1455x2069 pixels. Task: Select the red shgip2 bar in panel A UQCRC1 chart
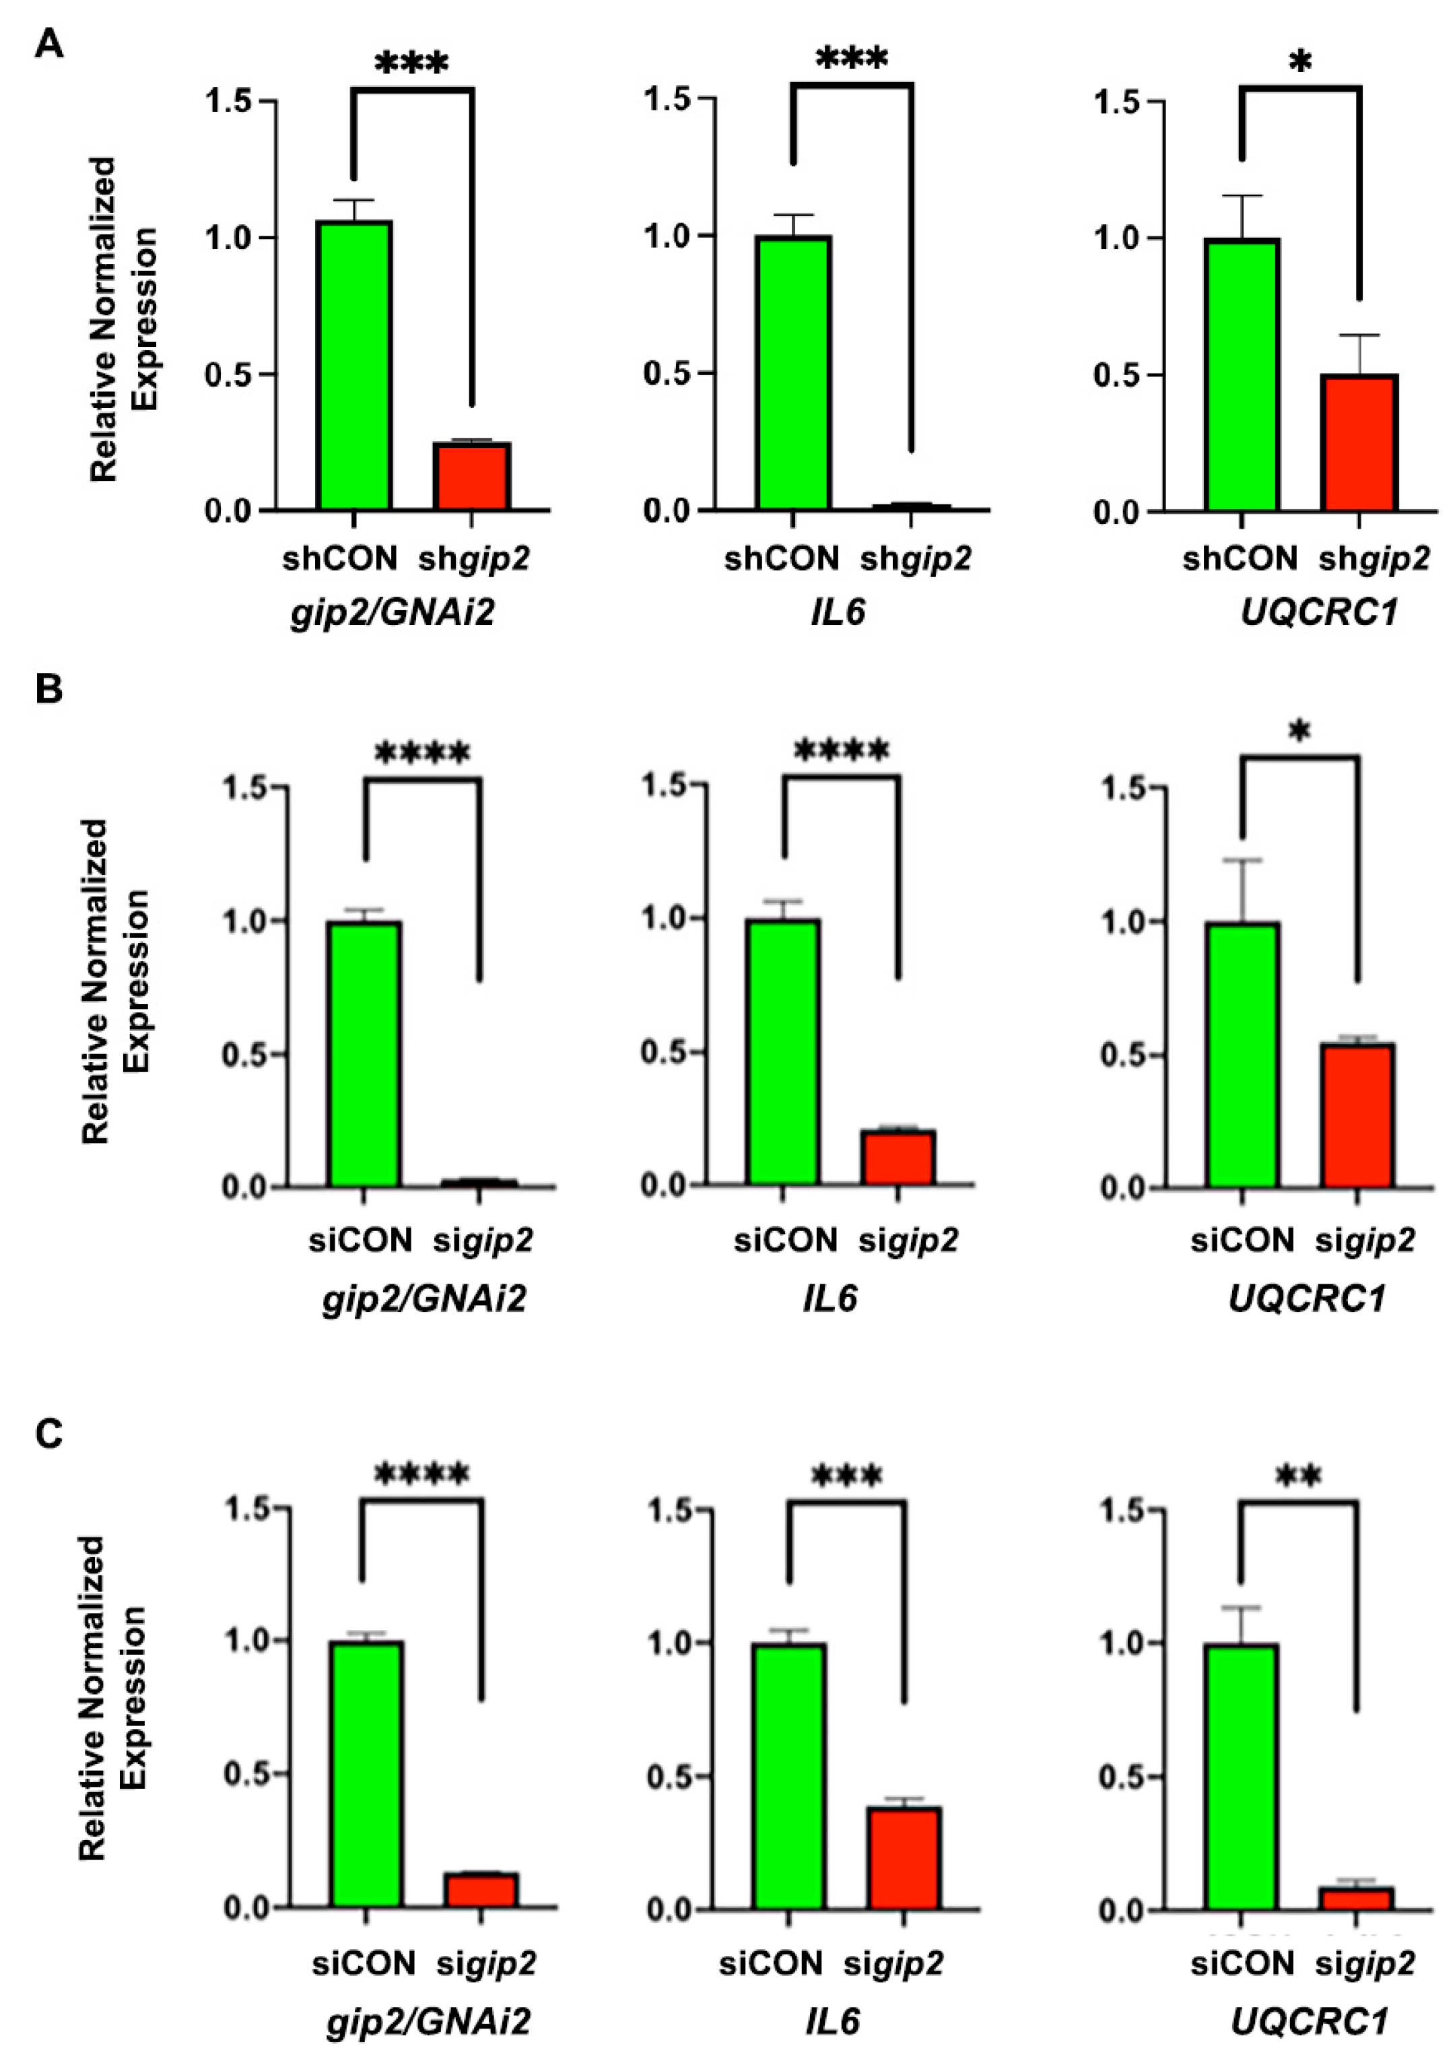[x=1359, y=442]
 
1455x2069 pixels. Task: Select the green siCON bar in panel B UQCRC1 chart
[x=1242, y=1054]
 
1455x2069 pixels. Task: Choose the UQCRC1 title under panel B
[x=1306, y=1299]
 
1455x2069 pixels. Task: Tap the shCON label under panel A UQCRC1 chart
[x=1240, y=559]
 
